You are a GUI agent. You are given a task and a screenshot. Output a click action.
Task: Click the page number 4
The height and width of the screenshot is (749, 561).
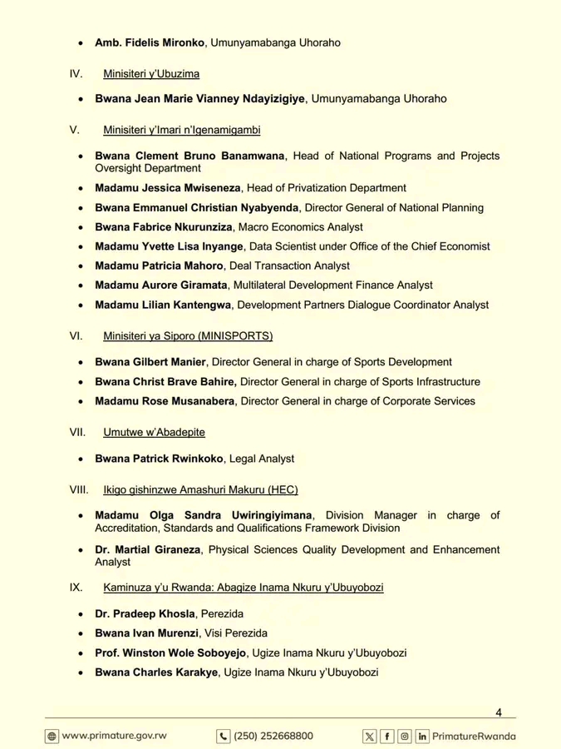coord(499,712)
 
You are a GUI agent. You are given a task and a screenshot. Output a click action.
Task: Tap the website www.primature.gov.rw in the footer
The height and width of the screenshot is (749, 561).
coord(114,736)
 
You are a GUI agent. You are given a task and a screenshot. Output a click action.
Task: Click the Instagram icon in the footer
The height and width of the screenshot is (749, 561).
coord(405,736)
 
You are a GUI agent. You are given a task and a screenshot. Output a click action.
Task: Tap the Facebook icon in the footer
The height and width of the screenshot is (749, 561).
coord(387,736)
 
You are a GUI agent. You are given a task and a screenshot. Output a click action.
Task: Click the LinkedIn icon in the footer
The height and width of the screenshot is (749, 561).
coord(423,736)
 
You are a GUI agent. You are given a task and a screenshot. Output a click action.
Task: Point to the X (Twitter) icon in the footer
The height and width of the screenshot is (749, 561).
coord(370,736)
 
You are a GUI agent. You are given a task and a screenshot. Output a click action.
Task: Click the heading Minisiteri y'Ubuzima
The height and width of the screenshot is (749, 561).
coord(151,73)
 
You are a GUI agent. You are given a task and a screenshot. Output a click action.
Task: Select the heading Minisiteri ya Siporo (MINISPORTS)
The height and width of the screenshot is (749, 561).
coord(188,336)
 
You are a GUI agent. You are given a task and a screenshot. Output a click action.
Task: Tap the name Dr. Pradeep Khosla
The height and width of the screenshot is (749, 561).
coord(145,613)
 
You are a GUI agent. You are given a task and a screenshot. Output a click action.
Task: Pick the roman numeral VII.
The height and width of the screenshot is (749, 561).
coord(78,432)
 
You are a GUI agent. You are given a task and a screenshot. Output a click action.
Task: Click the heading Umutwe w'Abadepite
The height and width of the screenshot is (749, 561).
coord(154,432)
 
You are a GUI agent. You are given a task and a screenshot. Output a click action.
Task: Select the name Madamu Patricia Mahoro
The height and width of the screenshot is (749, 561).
coord(159,265)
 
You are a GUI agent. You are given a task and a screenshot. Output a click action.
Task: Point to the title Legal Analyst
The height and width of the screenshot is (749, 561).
coord(262,458)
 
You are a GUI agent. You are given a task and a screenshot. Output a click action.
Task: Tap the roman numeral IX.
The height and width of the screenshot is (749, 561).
coord(76,588)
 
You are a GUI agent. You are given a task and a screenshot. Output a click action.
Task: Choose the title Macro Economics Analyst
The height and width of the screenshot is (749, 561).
coord(301,226)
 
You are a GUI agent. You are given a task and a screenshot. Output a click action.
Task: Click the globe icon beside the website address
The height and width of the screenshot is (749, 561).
coord(52,736)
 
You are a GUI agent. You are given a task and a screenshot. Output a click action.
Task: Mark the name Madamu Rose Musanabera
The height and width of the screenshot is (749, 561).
coord(165,401)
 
